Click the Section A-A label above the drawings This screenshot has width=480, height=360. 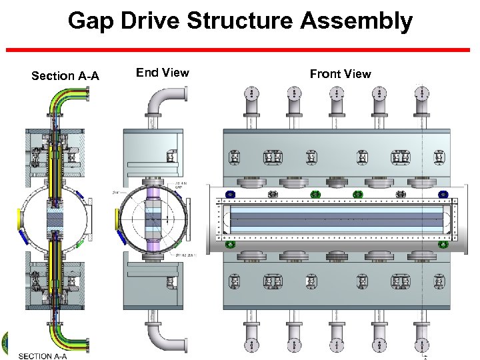pos(65,76)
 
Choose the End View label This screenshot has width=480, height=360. pos(162,73)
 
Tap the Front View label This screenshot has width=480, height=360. pos(340,74)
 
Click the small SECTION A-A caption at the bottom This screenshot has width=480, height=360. pos(43,356)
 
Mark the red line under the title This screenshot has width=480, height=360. pos(240,50)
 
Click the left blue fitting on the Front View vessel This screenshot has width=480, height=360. pos(230,194)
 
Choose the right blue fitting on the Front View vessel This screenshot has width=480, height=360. pos(443,194)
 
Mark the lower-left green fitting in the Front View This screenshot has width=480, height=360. pos(231,245)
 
